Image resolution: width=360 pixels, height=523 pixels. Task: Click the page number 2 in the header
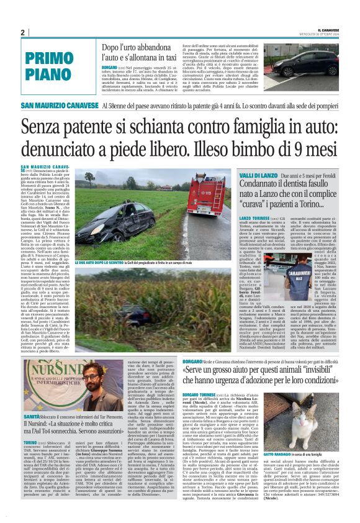coord(22,33)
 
